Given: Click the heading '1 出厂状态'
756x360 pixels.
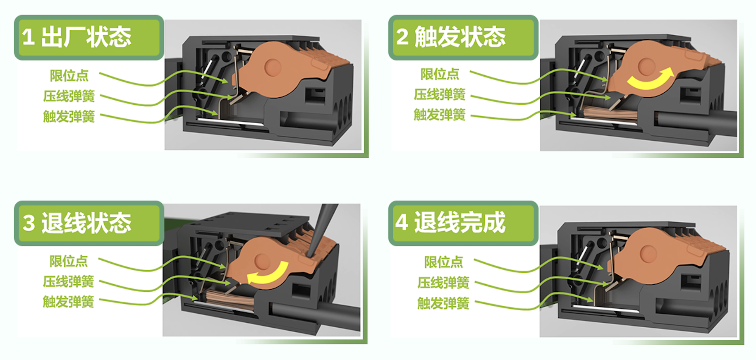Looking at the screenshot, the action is (x=77, y=37).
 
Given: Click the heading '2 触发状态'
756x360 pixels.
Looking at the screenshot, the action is (x=451, y=36).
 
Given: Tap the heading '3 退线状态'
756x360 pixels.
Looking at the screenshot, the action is (x=77, y=223).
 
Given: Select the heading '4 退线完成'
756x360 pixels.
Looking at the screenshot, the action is (x=450, y=222).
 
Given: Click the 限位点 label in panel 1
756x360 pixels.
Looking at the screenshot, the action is (x=69, y=76).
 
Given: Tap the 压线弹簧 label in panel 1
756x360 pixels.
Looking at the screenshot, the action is (x=69, y=96).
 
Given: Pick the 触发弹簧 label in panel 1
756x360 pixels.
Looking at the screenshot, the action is (x=69, y=116).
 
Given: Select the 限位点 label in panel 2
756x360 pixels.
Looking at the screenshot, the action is (x=440, y=74).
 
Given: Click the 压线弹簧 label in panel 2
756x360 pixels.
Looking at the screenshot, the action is (x=440, y=94).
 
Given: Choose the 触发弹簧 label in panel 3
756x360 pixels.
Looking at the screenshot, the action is (x=68, y=302).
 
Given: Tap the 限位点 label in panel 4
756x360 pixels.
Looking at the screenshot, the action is (x=443, y=262).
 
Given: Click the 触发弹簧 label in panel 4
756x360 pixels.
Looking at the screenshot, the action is (x=443, y=303).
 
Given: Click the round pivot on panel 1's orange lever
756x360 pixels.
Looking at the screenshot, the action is (x=273, y=67).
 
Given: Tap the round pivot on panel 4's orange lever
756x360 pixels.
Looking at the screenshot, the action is (x=648, y=254).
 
